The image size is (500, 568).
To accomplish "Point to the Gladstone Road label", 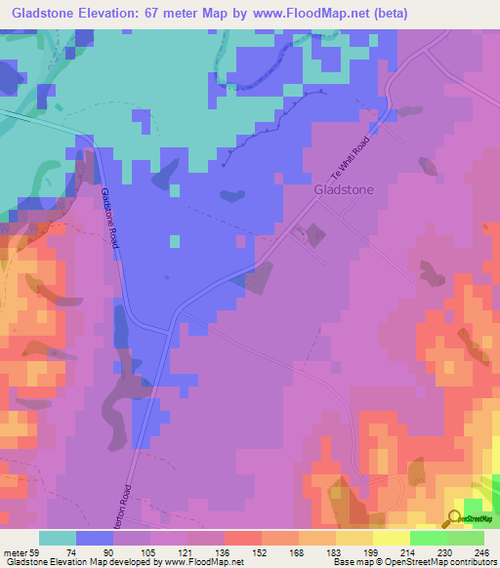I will pyautogui.click(x=110, y=218).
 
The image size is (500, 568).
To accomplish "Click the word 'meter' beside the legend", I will pyautogui.click(x=16, y=552).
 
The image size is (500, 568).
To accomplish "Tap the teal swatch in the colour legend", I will pyautogui.click(x=58, y=538).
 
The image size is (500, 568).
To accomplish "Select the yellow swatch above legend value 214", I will pyautogui.click(x=392, y=538).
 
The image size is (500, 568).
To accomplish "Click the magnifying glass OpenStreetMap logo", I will pyautogui.click(x=455, y=517).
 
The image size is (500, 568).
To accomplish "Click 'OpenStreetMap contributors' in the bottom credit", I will pyautogui.click(x=438, y=563).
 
